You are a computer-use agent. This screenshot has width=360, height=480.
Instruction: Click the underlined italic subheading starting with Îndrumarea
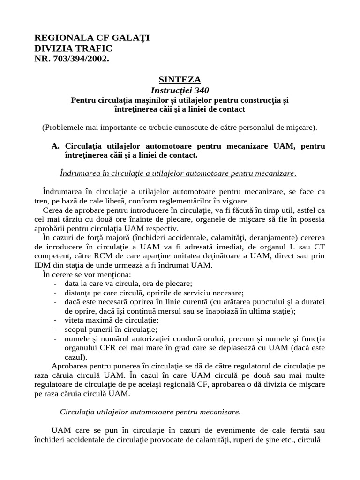click(x=179, y=173)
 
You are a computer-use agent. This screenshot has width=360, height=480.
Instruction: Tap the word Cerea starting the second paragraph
click(x=52, y=210)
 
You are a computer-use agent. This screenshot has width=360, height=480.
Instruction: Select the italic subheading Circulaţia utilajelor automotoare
click(x=150, y=412)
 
